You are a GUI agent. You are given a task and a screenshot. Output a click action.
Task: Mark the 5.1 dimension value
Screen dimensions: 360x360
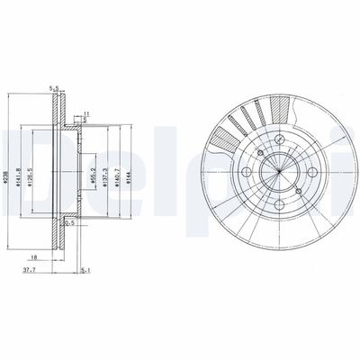pos(85,269)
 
